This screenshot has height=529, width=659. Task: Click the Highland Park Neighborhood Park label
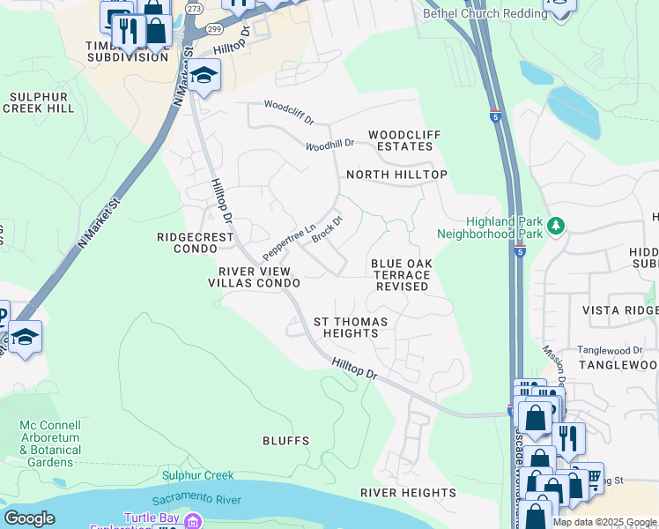[491, 228]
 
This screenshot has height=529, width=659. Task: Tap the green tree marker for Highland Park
[556, 227]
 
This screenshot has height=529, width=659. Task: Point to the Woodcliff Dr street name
[289, 113]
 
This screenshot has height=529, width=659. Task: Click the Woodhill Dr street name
[329, 144]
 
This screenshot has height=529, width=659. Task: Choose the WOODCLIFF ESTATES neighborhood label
[404, 140]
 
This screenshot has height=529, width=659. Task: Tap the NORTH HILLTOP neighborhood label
[396, 175]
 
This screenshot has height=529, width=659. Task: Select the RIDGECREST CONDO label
[195, 242]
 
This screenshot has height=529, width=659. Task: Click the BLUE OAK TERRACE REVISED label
[400, 275]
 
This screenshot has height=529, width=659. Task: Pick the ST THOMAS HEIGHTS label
[346, 327]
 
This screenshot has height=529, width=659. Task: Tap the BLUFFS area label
[285, 440]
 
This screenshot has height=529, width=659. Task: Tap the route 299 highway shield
[214, 29]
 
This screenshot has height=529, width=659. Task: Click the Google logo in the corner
[29, 518]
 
